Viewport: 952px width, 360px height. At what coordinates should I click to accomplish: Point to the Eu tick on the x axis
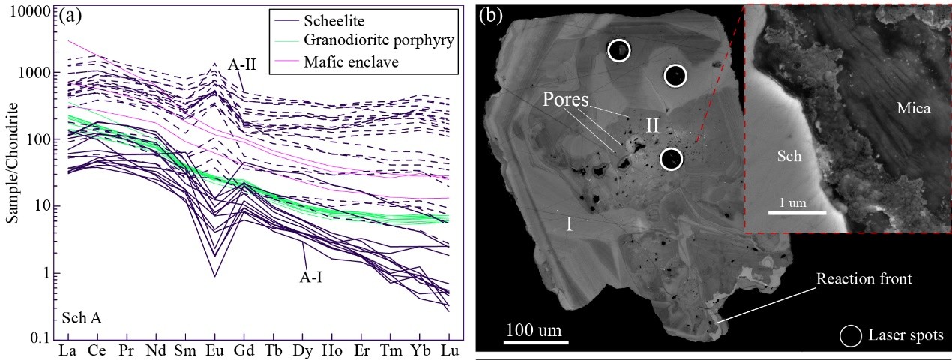(214, 351)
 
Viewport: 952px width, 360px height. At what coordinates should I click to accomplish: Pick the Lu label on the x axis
(449, 351)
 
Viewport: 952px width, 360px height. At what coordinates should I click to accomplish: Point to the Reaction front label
(864, 279)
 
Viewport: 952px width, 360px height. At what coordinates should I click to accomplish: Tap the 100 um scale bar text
(531, 329)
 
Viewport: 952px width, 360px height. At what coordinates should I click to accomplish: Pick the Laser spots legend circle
(852, 335)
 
